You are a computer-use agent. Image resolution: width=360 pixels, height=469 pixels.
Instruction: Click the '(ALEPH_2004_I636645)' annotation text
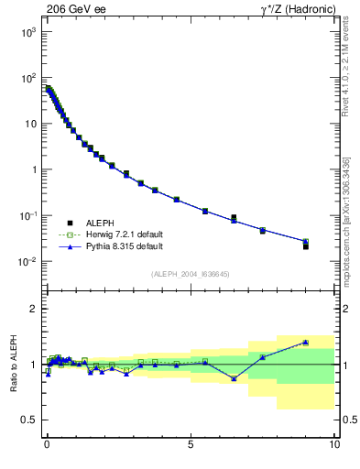pos(190,273)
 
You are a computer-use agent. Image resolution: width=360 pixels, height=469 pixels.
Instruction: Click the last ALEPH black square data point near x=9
pos(306,246)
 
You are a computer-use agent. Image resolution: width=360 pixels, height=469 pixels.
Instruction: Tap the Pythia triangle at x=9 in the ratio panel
pos(306,343)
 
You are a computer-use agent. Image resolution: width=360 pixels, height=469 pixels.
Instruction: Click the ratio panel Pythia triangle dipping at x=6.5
pos(235,378)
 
